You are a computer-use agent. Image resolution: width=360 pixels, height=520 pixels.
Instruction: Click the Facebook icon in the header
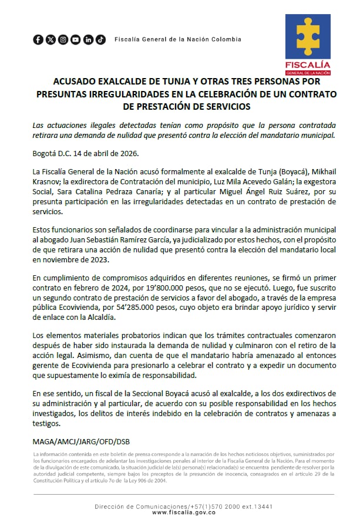(x=38, y=39)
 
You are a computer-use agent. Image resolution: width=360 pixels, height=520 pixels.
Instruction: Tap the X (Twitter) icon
(x=51, y=39)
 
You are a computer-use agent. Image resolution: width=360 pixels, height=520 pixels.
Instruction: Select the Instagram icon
(x=63, y=39)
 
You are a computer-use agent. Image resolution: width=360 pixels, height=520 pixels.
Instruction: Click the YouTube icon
(x=76, y=39)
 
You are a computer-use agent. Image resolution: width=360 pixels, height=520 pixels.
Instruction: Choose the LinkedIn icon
(x=88, y=39)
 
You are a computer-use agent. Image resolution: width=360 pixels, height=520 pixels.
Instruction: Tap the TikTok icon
(x=101, y=39)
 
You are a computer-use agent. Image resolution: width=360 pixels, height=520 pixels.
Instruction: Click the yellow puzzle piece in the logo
(x=308, y=36)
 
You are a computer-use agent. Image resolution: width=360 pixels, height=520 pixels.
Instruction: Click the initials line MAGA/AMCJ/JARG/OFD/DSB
(x=82, y=441)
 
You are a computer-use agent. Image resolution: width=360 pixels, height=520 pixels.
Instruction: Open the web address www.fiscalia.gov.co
(x=183, y=512)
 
